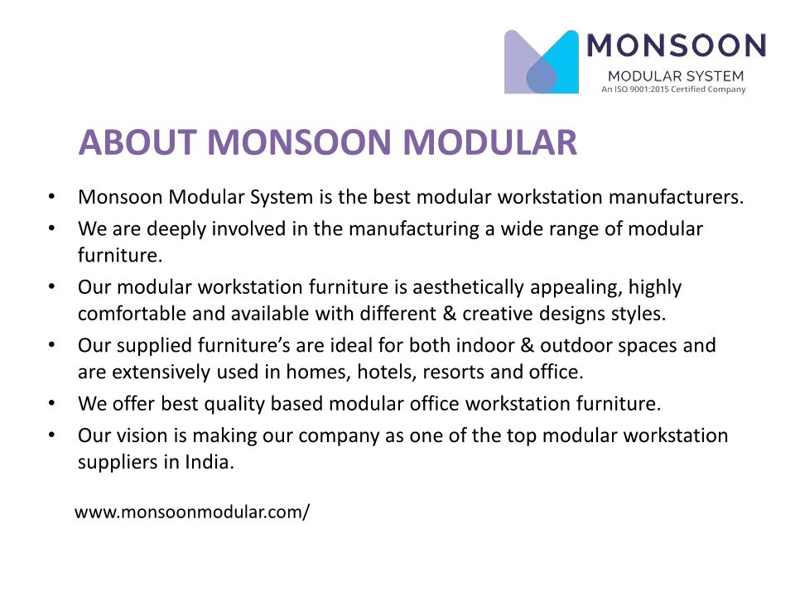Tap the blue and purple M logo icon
tap(541, 62)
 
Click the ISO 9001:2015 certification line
tap(673, 89)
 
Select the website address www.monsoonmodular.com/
tap(191, 512)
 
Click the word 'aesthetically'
tap(468, 288)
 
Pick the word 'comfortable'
tap(132, 313)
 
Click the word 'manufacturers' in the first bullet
tap(676, 197)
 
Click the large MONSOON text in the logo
tap(677, 46)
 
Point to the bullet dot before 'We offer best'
tap(51, 404)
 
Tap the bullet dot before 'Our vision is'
tap(51, 436)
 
